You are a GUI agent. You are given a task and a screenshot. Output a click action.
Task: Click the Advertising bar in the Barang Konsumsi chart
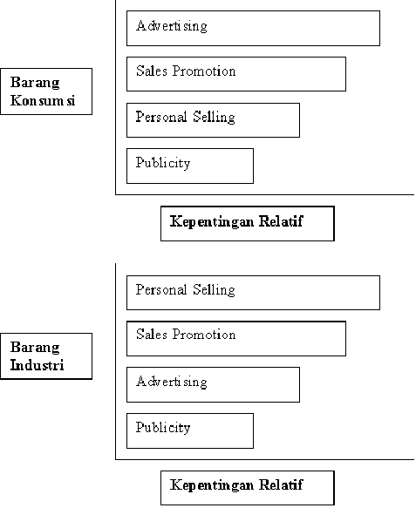click(253, 28)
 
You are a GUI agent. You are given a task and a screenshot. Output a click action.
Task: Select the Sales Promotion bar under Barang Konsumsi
click(236, 74)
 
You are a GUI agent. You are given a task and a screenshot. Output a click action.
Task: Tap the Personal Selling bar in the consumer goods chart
click(213, 120)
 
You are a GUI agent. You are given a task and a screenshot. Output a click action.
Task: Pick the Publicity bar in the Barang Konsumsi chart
click(190, 166)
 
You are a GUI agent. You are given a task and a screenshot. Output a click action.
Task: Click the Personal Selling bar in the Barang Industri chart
click(253, 293)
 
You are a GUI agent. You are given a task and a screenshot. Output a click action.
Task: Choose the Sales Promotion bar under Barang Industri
click(236, 339)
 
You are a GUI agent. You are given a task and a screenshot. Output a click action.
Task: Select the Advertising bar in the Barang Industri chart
click(213, 384)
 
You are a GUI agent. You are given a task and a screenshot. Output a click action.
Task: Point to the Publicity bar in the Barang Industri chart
click(190, 431)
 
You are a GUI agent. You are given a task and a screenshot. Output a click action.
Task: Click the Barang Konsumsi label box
click(46, 91)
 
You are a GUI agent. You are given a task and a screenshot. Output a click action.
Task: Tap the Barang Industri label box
click(46, 356)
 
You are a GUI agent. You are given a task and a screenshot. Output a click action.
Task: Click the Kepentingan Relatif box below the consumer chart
click(248, 224)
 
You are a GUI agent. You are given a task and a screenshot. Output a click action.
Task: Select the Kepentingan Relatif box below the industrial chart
click(248, 488)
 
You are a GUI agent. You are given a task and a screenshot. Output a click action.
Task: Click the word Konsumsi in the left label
click(43, 100)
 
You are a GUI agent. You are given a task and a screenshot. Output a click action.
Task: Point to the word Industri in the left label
click(37, 365)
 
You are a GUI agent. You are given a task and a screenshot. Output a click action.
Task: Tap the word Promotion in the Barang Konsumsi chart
click(203, 71)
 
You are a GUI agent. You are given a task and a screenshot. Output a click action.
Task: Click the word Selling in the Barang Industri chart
click(214, 290)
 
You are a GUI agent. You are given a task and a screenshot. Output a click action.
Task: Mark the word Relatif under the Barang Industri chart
click(281, 485)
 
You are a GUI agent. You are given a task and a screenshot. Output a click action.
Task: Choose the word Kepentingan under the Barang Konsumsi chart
click(211, 222)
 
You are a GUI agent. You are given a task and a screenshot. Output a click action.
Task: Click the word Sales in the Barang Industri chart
click(152, 335)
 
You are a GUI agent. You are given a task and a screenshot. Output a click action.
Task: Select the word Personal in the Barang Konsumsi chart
click(160, 117)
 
